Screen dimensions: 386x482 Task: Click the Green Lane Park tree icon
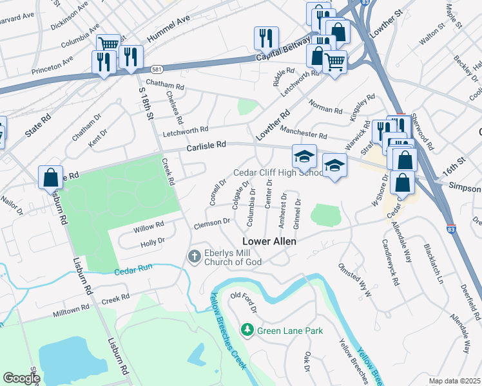point(246,331)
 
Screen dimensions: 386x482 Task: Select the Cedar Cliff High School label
point(278,172)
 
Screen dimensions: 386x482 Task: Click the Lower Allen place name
point(269,241)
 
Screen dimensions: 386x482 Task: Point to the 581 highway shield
point(157,68)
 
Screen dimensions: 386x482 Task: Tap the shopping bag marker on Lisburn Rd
point(51,177)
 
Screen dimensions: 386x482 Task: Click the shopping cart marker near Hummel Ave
point(108,44)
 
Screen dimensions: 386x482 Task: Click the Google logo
point(21,378)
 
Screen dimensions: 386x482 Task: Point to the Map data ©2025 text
point(454,381)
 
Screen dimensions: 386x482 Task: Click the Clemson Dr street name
point(212,222)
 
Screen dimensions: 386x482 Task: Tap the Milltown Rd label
point(71,310)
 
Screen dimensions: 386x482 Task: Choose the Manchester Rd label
point(304,133)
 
